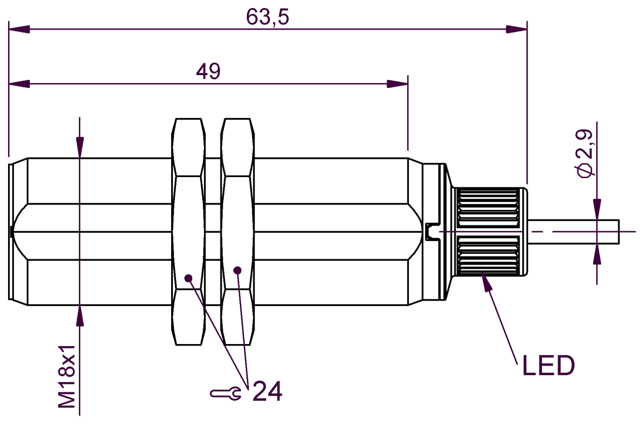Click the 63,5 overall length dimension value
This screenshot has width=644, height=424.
[x=267, y=17]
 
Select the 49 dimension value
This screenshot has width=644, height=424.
[x=208, y=71]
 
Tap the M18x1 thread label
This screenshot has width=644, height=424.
[x=67, y=377]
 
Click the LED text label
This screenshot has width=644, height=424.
[x=548, y=365]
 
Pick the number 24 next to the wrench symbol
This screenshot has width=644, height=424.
[x=267, y=391]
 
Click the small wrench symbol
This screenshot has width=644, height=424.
[x=226, y=393]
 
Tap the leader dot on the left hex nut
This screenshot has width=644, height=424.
[x=188, y=278]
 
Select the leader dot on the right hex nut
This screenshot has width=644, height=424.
[x=237, y=270]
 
